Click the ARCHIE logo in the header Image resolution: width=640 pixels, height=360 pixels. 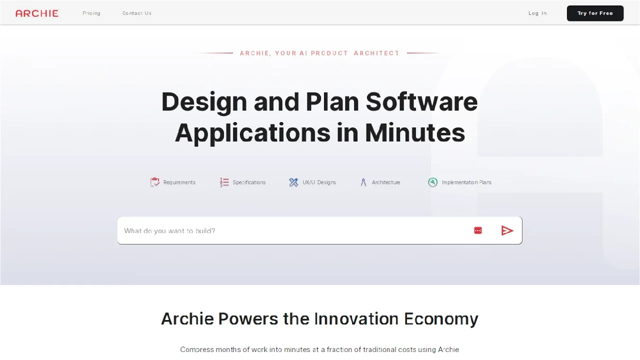click(37, 13)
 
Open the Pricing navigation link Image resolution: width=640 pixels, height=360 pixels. click(91, 13)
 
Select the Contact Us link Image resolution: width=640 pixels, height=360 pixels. click(137, 13)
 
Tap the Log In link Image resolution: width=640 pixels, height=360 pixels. click(537, 13)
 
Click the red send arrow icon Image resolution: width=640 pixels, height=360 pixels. click(507, 230)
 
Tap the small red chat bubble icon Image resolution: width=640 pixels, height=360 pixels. click(478, 230)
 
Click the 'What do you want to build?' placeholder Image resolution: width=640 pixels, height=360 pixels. click(170, 231)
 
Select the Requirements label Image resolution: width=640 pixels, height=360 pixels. click(179, 182)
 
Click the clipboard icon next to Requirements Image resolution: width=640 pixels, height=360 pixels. click(155, 182)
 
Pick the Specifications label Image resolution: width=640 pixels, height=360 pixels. click(249, 182)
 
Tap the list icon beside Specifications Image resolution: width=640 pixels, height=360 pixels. click(224, 182)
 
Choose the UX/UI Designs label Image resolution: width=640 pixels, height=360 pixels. click(319, 182)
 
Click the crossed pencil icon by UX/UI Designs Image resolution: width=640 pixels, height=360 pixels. click(293, 182)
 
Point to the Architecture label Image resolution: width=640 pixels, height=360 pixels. click(386, 182)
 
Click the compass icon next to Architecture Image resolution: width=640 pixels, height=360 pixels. click(363, 182)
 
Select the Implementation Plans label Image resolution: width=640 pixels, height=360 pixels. click(466, 182)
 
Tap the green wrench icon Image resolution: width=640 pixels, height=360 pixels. click(432, 182)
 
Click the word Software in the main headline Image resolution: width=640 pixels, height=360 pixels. click(421, 101)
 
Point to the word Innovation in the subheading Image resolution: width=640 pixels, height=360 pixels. click(356, 319)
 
